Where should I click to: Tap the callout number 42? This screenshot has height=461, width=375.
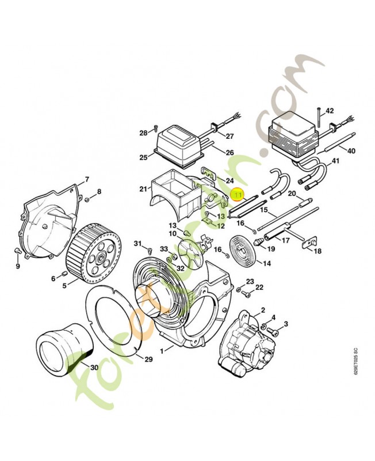pos(330,110)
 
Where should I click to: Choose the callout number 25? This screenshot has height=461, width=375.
pos(143,157)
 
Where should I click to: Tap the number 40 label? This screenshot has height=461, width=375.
pos(351,151)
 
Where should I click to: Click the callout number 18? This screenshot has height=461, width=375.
pos(317,251)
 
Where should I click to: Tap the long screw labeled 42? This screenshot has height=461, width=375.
pos(317,120)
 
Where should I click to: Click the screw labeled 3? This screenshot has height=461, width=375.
pos(275,331)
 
